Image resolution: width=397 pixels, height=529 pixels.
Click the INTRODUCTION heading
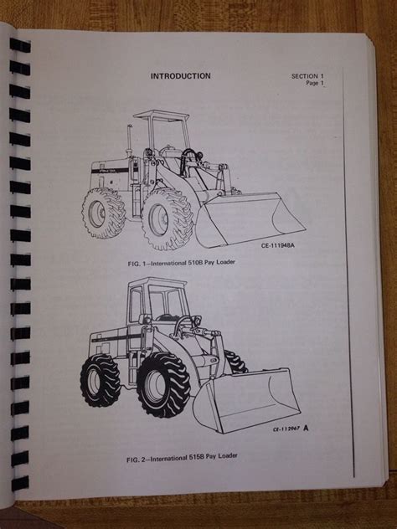[x=181, y=76]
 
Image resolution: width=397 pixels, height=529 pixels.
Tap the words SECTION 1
[x=307, y=76]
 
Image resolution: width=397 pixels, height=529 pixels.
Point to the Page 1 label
[x=315, y=83]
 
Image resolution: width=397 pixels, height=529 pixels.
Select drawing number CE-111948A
[x=277, y=245]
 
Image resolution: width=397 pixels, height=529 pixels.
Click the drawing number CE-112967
[x=286, y=429]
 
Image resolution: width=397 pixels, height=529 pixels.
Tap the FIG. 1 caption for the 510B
[x=181, y=263]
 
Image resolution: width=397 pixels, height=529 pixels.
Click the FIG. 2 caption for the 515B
[x=182, y=458]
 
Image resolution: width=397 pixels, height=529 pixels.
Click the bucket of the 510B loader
[x=250, y=219]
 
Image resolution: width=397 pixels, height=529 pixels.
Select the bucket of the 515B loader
[x=246, y=399]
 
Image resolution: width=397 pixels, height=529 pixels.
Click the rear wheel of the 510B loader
[x=103, y=213]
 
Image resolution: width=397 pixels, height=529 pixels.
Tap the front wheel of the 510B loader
[x=168, y=219]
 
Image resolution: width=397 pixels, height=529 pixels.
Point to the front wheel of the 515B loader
[x=163, y=385]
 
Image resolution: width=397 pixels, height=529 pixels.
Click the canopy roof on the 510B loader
[x=161, y=116]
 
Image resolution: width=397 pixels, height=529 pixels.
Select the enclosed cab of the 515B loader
[x=157, y=300]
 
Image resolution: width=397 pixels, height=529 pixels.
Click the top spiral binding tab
[x=20, y=45]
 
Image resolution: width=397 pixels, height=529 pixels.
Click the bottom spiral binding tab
[x=20, y=483]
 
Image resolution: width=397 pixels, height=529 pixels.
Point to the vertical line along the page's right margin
[x=348, y=271]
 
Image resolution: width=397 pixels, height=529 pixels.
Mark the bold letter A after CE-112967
[x=306, y=428]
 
